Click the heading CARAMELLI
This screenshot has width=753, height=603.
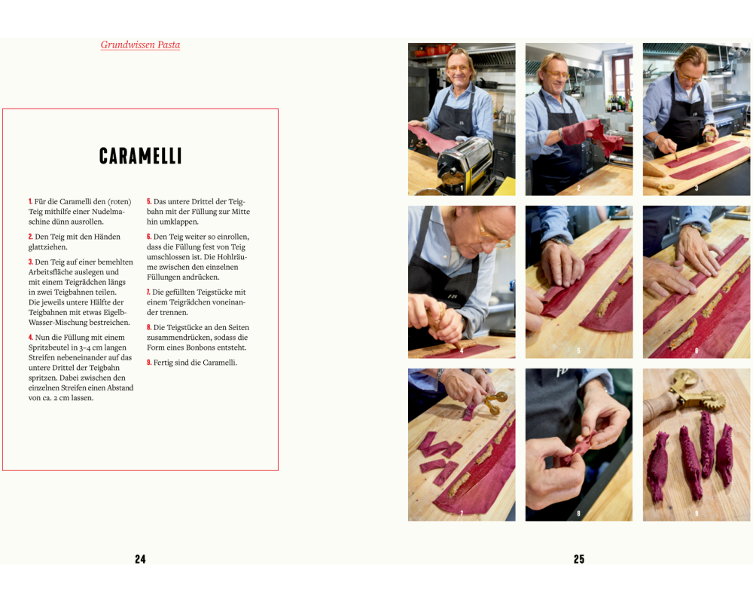click(140, 156)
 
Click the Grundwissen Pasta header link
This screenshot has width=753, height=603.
click(140, 44)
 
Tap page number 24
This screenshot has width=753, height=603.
click(140, 559)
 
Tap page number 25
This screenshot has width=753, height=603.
click(579, 559)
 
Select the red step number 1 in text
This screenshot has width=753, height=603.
click(30, 201)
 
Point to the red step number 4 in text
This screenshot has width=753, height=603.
click(31, 338)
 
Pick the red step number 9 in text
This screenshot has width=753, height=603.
click(149, 363)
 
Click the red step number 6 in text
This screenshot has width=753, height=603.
click(149, 237)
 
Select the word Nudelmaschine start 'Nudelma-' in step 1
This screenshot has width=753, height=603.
click(108, 212)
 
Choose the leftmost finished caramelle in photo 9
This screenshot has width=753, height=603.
click(658, 467)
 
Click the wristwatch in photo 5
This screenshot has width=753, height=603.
click(560, 240)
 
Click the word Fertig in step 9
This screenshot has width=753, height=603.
click(163, 363)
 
